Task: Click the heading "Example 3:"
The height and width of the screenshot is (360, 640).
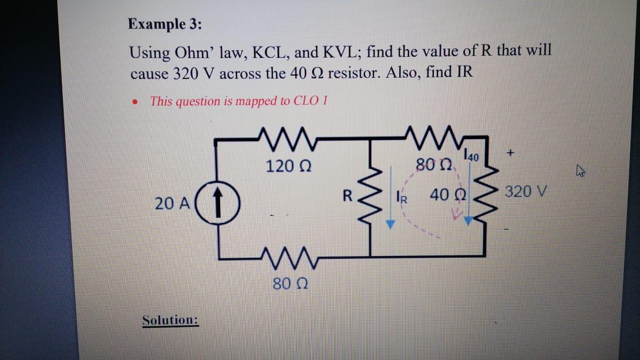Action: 165,24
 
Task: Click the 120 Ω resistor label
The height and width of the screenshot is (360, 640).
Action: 288,166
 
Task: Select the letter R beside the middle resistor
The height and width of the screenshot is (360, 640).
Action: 347,197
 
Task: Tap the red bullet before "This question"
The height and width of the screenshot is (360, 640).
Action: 135,103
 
